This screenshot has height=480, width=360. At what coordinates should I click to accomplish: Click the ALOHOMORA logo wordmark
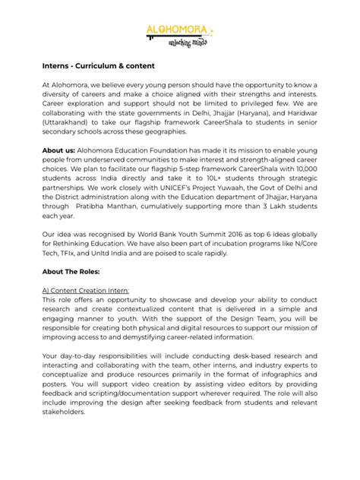176,29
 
